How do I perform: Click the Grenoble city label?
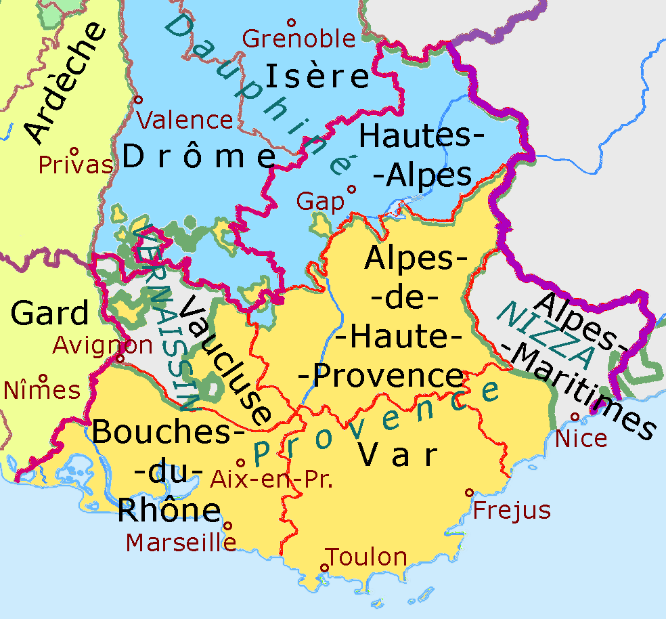tap(298, 39)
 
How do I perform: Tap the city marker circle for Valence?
tap(139, 100)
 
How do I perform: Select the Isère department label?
tap(317, 76)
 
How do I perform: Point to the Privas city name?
tap(75, 165)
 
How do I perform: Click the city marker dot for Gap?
tap(351, 190)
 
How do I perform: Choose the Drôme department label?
tap(200, 157)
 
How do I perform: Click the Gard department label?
tap(50, 314)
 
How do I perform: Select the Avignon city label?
tap(103, 345)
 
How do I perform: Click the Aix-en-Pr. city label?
tap(272, 479)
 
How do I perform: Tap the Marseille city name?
tap(181, 542)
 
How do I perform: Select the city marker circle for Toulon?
tap(324, 568)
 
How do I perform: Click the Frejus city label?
tap(512, 510)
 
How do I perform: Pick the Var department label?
tap(397, 456)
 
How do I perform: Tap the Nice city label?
tap(581, 438)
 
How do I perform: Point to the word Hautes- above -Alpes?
tap(422, 136)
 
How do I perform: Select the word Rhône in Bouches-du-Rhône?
tap(169, 511)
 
